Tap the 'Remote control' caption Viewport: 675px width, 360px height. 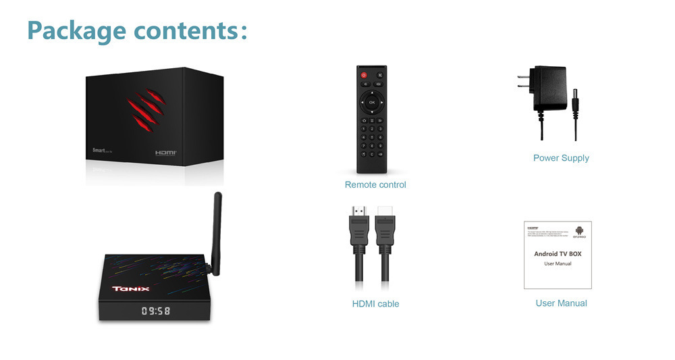pyautogui.click(x=375, y=184)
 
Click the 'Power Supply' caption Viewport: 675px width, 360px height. pyautogui.click(x=561, y=158)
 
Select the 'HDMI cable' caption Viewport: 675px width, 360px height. pyautogui.click(x=375, y=304)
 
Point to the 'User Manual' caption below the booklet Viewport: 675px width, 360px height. pyautogui.click(x=561, y=303)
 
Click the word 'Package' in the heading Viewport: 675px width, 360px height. pyautogui.click(x=76, y=30)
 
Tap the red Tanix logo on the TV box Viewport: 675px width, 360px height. pyautogui.click(x=131, y=289)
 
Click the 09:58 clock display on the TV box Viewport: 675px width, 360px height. pyautogui.click(x=155, y=311)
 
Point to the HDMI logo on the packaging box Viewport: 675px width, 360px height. pyautogui.click(x=165, y=153)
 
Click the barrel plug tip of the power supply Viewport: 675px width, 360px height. pyautogui.click(x=576, y=102)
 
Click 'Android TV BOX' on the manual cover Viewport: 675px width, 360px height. pyautogui.click(x=558, y=254)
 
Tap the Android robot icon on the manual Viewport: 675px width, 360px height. pyautogui.click(x=579, y=231)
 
